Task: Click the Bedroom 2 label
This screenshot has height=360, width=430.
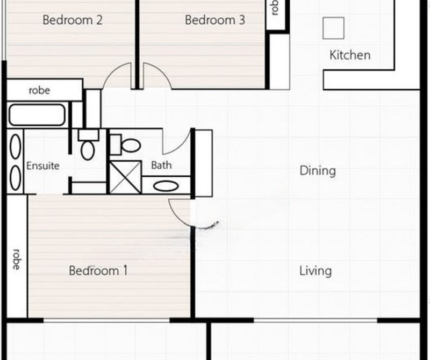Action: pyautogui.click(x=73, y=20)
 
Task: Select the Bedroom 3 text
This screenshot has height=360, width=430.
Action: pyautogui.click(x=215, y=20)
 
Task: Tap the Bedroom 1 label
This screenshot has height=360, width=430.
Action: pyautogui.click(x=98, y=270)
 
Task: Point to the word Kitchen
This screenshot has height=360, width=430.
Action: pyautogui.click(x=349, y=55)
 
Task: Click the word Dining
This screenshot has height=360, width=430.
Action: pyautogui.click(x=317, y=171)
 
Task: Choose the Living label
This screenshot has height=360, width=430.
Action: pyautogui.click(x=315, y=270)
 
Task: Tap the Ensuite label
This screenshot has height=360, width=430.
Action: pyautogui.click(x=43, y=165)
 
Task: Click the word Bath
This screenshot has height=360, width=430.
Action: pyautogui.click(x=161, y=165)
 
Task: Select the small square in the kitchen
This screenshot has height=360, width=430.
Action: pyautogui.click(x=333, y=28)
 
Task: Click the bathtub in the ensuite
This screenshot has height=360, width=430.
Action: pyautogui.click(x=37, y=115)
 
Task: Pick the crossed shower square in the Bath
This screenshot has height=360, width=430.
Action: pyautogui.click(x=125, y=177)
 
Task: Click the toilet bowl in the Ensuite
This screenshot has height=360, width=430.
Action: pyautogui.click(x=87, y=149)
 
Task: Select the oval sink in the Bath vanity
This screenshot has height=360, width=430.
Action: pyautogui.click(x=167, y=186)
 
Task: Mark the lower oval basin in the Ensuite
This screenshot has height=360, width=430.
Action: pyautogui.click(x=16, y=177)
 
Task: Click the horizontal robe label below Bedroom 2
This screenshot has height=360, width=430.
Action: pyautogui.click(x=39, y=90)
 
